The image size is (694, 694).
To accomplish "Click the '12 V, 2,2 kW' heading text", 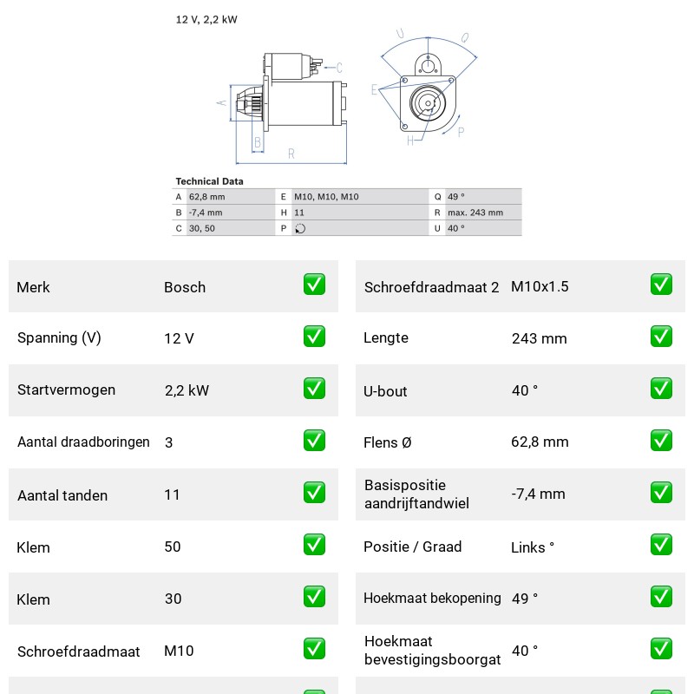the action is (x=206, y=19).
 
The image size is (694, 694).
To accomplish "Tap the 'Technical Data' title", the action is (x=209, y=181).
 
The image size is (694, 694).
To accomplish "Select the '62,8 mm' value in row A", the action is (x=206, y=197).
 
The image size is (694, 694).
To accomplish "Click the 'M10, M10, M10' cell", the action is (x=326, y=197).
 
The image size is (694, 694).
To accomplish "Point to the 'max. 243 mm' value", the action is (x=475, y=213).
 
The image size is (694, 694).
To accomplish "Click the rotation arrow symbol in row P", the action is (x=300, y=228).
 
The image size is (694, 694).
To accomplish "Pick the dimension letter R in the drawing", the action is (x=291, y=154).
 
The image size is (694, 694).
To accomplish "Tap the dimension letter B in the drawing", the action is (x=258, y=142).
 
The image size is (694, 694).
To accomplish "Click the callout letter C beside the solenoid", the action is (x=339, y=68).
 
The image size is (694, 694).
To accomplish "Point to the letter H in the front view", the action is (x=410, y=141).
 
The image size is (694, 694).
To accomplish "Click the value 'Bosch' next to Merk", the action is (x=185, y=287).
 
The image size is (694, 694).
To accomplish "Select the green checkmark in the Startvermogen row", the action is (x=314, y=388).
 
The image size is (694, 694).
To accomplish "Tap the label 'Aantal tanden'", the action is (x=62, y=495).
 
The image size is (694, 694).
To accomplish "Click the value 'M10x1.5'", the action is (x=540, y=286).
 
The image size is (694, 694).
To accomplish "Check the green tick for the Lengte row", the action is (x=661, y=337).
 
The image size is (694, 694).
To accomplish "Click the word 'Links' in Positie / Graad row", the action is (x=528, y=547).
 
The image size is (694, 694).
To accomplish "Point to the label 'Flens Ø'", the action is (x=387, y=442).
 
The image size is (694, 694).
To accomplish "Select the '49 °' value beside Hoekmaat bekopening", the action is (x=525, y=599).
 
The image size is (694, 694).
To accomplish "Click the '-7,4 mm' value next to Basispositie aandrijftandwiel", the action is (x=538, y=494).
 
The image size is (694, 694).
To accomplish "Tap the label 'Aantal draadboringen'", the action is (x=83, y=442).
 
